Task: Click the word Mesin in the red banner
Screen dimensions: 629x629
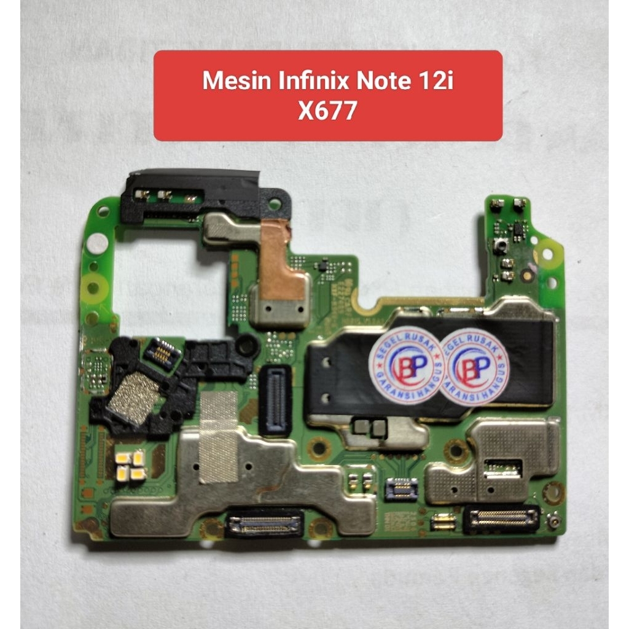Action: (232, 82)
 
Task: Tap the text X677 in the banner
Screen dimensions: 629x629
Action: (327, 111)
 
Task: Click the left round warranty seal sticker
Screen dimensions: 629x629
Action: (407, 365)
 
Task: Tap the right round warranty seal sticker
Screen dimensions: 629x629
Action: (474, 366)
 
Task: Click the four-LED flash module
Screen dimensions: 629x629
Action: (131, 465)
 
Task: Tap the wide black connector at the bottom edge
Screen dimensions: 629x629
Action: (265, 523)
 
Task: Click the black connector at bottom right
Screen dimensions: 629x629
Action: (501, 520)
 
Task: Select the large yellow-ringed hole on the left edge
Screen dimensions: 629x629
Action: (94, 286)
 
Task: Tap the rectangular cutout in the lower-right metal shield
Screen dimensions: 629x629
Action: (502, 468)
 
